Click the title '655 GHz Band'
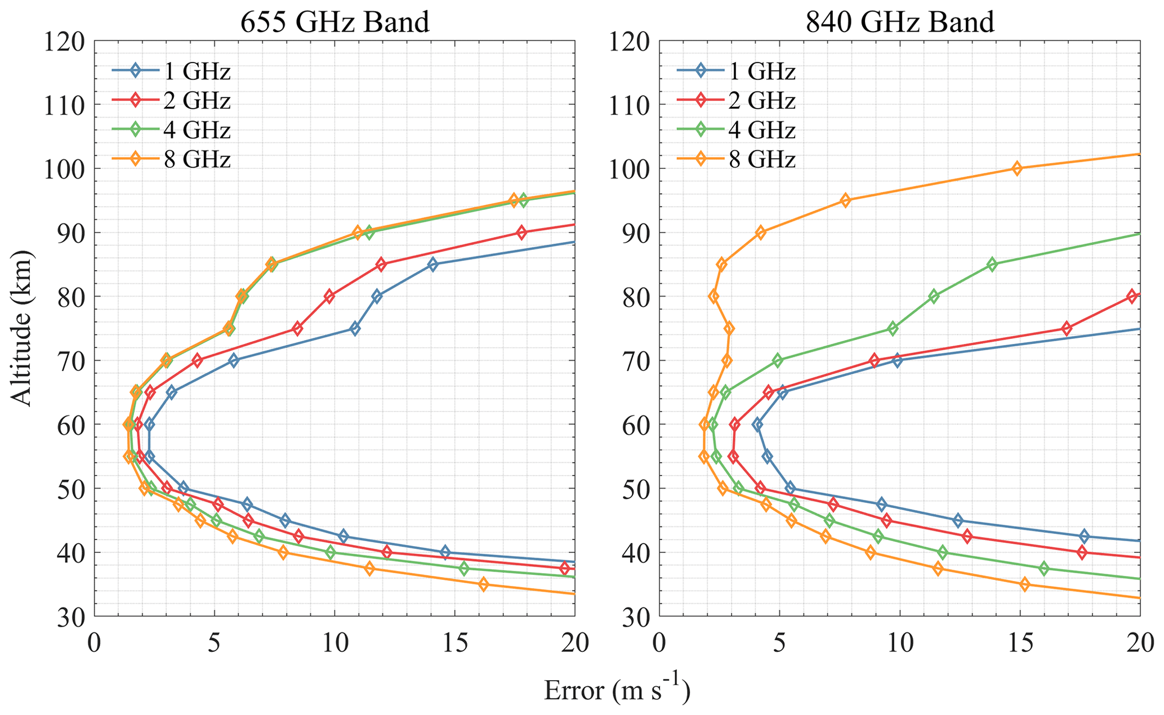pyautogui.click(x=335, y=23)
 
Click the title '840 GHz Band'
pyautogui.click(x=900, y=23)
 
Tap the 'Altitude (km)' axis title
pyautogui.click(x=23, y=328)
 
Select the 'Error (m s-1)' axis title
pyautogui.click(x=617, y=690)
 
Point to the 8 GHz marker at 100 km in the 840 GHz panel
pyautogui.click(x=1017, y=168)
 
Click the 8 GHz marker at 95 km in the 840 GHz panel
pyautogui.click(x=845, y=200)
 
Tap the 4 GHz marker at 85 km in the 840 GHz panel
pyautogui.click(x=992, y=265)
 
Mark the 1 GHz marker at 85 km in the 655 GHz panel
pyautogui.click(x=432, y=265)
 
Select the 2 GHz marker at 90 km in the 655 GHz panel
pyautogui.click(x=521, y=233)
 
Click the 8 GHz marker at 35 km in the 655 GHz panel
pyautogui.click(x=483, y=584)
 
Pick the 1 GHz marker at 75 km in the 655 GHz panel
pyautogui.click(x=355, y=329)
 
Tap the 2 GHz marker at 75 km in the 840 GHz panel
pyautogui.click(x=1066, y=329)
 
